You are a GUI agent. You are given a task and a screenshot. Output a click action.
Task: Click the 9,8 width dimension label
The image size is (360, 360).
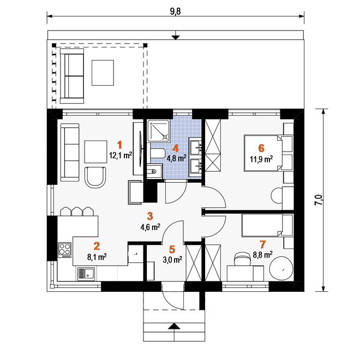point(176,11)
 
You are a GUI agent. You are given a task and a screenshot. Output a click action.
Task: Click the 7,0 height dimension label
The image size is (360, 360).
point(319,200)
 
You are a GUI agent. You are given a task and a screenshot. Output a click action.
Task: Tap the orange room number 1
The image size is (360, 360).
point(119,145)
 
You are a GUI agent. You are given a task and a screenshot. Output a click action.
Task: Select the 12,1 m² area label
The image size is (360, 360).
point(121,155)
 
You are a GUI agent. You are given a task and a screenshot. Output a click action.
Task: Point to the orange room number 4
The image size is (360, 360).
point(176,148)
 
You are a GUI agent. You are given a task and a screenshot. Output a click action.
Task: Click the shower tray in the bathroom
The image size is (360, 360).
point(159,131)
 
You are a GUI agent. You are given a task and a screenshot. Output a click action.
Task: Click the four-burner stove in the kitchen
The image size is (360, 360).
point(64,250)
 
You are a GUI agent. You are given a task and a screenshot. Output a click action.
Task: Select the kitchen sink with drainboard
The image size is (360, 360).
point(86,274)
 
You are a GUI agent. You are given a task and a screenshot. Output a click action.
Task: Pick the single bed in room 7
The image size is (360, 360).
point(267,225)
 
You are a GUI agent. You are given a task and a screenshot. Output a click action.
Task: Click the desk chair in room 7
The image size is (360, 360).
point(241,259)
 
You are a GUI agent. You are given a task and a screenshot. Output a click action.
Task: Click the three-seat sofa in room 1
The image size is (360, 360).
point(70,152)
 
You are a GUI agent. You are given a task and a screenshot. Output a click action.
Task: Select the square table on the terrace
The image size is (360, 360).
point(103,73)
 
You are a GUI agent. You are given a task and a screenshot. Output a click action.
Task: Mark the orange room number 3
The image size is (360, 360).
point(149,216)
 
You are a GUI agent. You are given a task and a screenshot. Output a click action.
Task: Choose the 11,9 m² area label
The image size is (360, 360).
point(261,159)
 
